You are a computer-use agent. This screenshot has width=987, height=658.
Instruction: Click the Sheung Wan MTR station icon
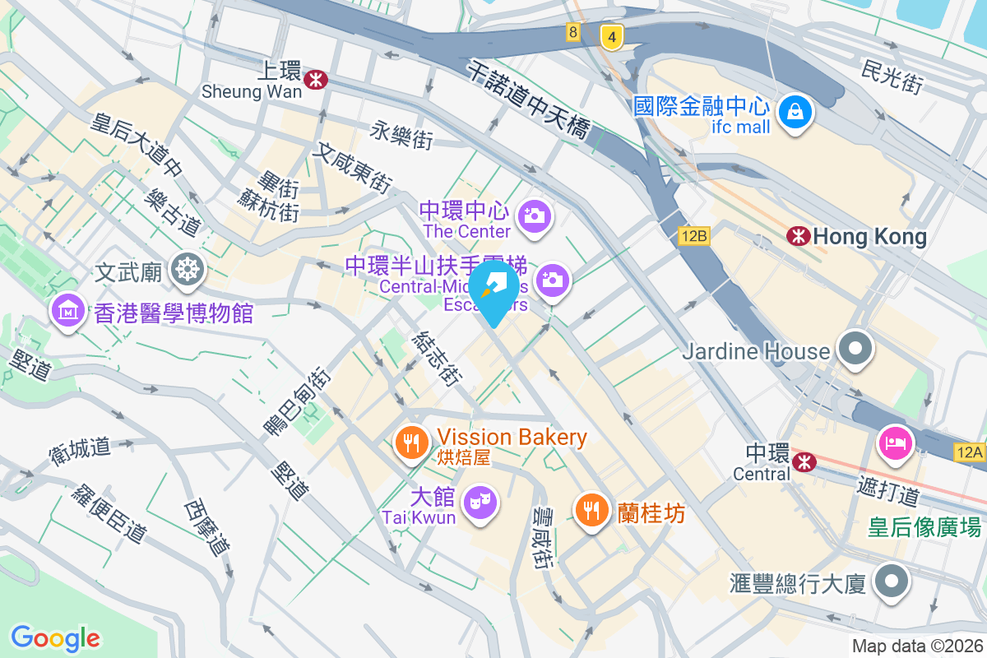[x=315, y=80]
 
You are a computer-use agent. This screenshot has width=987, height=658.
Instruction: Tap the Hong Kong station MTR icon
[x=797, y=237]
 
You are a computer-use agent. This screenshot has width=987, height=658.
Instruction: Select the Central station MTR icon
[x=806, y=462]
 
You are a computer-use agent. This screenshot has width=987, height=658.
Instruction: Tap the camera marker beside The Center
[x=535, y=216]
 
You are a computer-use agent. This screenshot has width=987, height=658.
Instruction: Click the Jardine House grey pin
[x=856, y=348]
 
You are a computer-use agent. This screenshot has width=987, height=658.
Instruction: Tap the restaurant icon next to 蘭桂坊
[x=591, y=510]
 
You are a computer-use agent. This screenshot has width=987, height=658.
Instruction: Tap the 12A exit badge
[x=971, y=452]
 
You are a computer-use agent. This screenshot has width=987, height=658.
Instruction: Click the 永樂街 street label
[x=401, y=134]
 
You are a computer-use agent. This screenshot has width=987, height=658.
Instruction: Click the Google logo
[x=56, y=637]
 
